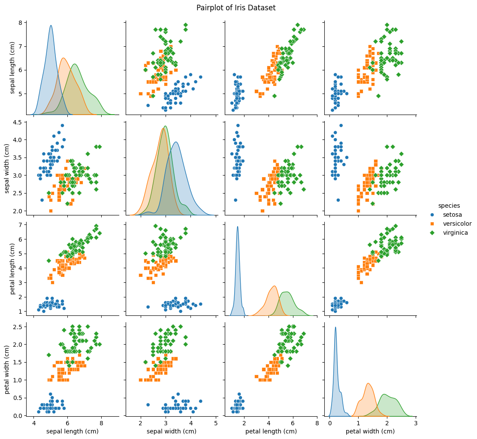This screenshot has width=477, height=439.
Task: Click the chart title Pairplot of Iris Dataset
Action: pyautogui.click(x=236, y=8)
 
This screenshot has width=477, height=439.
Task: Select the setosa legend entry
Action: pyautogui.click(x=451, y=215)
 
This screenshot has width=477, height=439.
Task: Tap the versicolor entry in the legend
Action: pyautogui.click(x=457, y=224)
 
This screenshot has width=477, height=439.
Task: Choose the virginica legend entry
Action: pyautogui.click(x=455, y=233)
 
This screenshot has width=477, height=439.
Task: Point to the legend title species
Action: pyautogui.click(x=448, y=206)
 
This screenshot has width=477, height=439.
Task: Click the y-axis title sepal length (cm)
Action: pyautogui.click(x=12, y=68)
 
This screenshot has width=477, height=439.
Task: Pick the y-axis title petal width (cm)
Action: pyautogui.click(x=7, y=367)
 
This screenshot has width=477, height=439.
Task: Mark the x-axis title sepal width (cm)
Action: pyautogui.click(x=171, y=431)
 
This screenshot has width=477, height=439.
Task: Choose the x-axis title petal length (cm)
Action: pyautogui.click(x=271, y=431)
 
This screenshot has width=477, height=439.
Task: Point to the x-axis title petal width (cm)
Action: pyautogui.click(x=370, y=431)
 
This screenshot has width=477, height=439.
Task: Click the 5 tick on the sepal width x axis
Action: pyautogui.click(x=216, y=424)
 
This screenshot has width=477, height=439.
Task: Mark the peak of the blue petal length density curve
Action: pyautogui.click(x=237, y=227)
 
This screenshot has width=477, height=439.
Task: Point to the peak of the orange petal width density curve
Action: pyautogui.click(x=368, y=383)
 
